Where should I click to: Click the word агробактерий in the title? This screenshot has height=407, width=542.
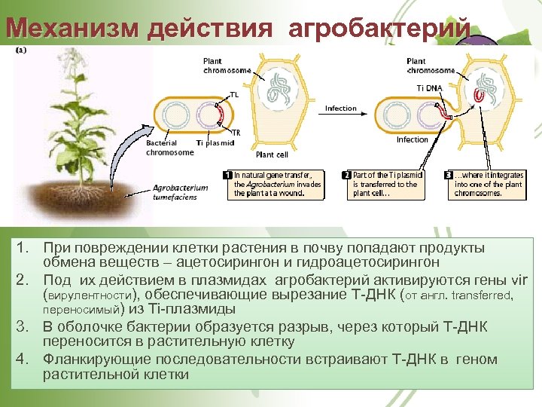pyautogui.click(x=379, y=28)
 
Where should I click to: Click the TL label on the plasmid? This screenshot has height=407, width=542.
pyautogui.click(x=234, y=96)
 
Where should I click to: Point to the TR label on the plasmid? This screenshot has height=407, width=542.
pyautogui.click(x=236, y=133)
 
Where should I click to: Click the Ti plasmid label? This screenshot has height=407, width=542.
pyautogui.click(x=215, y=143)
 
